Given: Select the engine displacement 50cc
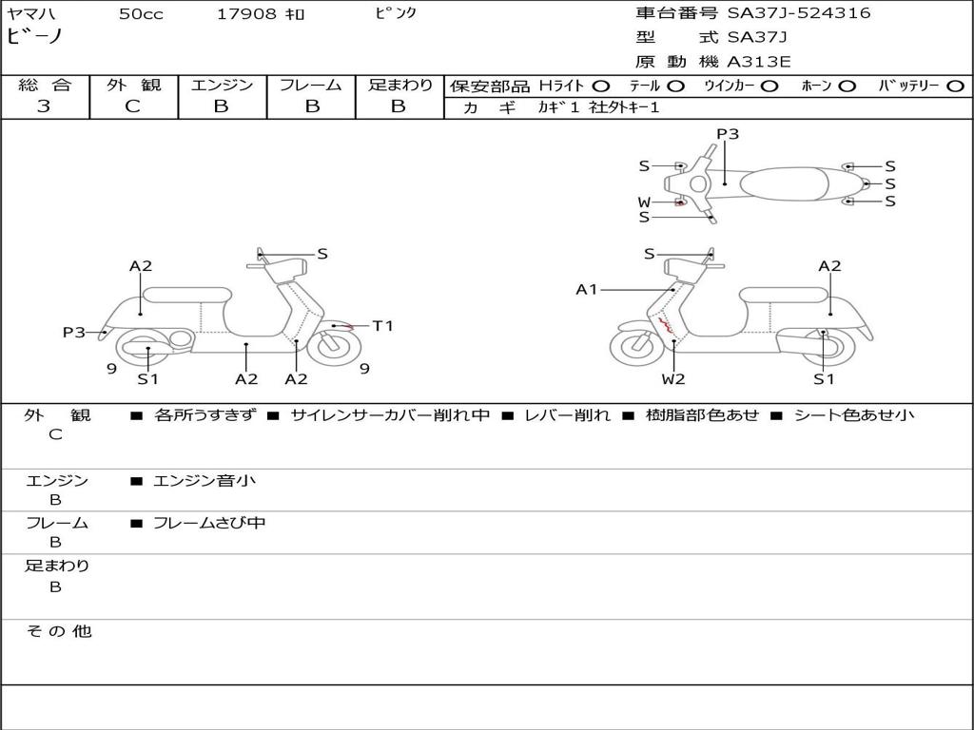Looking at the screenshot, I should coord(140,14).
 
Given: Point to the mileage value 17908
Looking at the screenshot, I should coord(246,14).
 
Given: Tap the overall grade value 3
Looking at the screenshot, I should coord(44,106).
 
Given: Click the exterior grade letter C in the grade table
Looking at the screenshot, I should coord(133,106).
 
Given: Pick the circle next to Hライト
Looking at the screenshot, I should coord(602,86).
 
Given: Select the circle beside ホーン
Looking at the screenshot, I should coord(847,86).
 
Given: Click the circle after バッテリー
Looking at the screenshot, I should coord(955,86).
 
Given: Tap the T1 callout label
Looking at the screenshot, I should coord(382,326).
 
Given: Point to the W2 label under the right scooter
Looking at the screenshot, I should coord(673,379).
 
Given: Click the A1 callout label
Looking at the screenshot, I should coord(587,289).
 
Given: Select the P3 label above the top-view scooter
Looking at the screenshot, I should coord(728,134).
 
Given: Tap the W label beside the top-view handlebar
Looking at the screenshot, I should coord(644,202).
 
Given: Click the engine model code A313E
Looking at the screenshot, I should coord(759,63).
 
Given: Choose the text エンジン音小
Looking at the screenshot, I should coord(205,481).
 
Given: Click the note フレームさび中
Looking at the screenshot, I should coord(209,523).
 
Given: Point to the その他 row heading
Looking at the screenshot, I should coord(58,631).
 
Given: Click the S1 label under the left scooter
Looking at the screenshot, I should coord(147,379).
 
